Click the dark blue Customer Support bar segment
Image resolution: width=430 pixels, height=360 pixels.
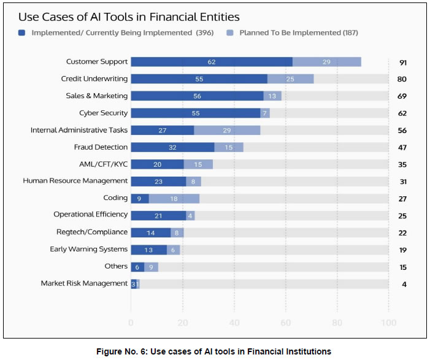point(211,62)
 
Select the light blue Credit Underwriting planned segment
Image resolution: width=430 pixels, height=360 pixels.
point(290,79)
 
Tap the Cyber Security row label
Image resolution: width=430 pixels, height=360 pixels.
point(103,113)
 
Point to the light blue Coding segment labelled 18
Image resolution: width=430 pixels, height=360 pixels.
point(174,198)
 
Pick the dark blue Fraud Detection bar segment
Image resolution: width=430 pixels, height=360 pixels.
point(172,147)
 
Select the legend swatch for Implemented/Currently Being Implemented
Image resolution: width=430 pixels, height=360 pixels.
point(22,33)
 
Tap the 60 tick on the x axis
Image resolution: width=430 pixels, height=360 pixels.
point(285,323)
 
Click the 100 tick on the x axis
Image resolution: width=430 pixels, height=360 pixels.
point(388,323)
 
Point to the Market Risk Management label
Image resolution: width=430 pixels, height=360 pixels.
point(84,283)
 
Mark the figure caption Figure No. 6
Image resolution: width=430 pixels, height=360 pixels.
point(215,351)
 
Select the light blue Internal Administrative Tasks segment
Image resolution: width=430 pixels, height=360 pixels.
point(227,130)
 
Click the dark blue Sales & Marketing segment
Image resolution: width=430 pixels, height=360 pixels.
point(197,96)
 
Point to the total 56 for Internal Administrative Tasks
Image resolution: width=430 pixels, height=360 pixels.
point(402,130)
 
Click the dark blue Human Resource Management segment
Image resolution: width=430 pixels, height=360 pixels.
point(158,182)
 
